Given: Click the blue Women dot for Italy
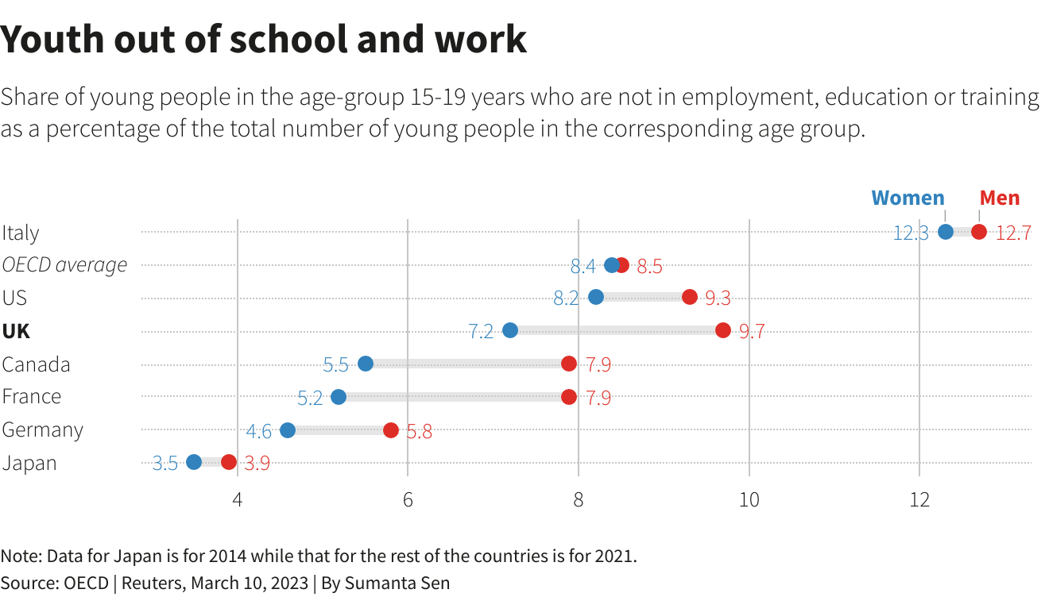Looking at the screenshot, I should pyautogui.click(x=945, y=232).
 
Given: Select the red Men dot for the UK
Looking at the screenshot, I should pyautogui.click(x=722, y=330).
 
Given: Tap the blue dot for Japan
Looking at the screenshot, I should pyautogui.click(x=194, y=462).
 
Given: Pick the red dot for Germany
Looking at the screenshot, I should pyautogui.click(x=391, y=430).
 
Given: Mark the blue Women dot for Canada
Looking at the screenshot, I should pyautogui.click(x=366, y=364).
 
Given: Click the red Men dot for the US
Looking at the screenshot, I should pyautogui.click(x=689, y=297).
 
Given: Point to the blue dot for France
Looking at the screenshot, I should pyautogui.click(x=339, y=397).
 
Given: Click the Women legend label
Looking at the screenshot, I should pyautogui.click(x=908, y=198).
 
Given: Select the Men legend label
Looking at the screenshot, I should pyautogui.click(x=999, y=198).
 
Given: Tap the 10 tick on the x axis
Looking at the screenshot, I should pyautogui.click(x=749, y=500).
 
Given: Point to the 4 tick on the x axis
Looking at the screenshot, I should pyautogui.click(x=237, y=500).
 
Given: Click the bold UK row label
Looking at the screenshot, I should pyautogui.click(x=16, y=331).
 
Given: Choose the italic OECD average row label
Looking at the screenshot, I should pyautogui.click(x=64, y=264).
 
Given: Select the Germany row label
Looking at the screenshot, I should pyautogui.click(x=42, y=429).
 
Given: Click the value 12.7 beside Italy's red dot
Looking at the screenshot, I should pyautogui.click(x=1013, y=233).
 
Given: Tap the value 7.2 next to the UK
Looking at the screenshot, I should pyautogui.click(x=481, y=332).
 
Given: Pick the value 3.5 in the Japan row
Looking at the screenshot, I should pyautogui.click(x=165, y=464).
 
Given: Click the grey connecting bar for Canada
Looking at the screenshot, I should pyautogui.click(x=467, y=364).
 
